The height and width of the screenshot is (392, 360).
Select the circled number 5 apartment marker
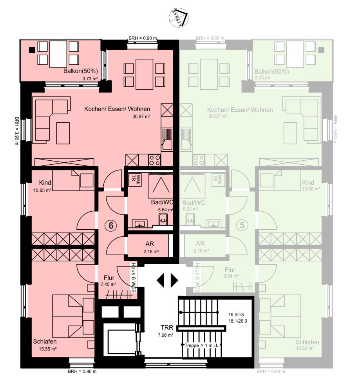tap(243, 225)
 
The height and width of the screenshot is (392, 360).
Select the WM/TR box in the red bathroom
tap(133, 178)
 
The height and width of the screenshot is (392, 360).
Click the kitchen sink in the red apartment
tap(167, 140)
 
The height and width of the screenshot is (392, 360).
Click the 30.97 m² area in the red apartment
tap(141, 116)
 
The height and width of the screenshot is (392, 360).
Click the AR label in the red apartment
tap(144, 244)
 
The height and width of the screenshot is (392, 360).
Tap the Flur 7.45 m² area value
tap(108, 284)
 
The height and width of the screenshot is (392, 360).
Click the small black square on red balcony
tap(32, 50)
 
